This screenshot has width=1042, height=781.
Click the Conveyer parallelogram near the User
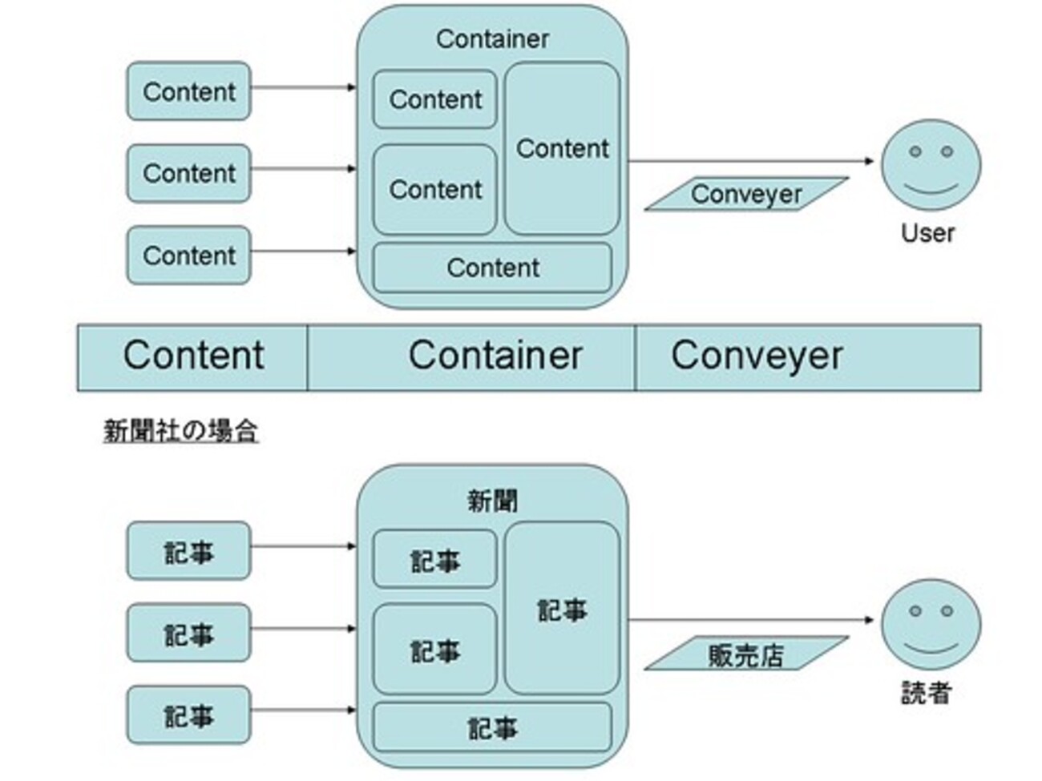point(746,194)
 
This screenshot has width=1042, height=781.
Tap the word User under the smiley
point(927,233)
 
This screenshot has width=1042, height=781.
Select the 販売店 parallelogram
point(746,653)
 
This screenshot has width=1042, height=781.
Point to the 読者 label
point(927,693)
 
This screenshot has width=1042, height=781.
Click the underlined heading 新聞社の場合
point(181,431)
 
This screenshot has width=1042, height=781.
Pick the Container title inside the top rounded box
point(493,39)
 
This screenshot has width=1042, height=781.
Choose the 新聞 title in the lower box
point(493,501)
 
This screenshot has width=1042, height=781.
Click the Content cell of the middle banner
point(192,358)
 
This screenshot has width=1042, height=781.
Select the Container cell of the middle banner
point(471,358)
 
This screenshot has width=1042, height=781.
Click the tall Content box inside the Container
point(563,148)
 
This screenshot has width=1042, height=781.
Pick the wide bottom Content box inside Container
point(493,268)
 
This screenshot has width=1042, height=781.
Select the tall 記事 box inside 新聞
point(563,609)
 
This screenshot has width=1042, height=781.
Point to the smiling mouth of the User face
point(931,190)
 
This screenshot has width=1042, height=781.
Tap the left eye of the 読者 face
point(915,611)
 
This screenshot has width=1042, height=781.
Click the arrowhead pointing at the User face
point(869,161)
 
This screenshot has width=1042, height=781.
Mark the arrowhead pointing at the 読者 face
point(869,620)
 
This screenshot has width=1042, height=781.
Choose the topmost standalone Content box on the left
point(189,91)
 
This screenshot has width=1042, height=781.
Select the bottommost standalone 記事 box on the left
point(189,715)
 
